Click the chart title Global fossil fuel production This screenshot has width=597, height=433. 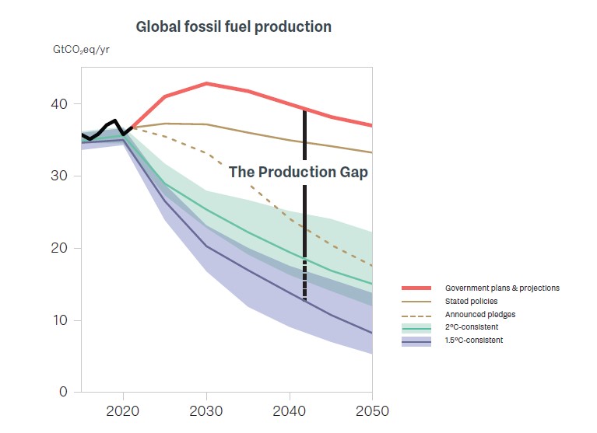point(234,27)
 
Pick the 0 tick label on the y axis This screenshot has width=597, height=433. point(65,393)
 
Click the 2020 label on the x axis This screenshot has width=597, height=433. point(123,410)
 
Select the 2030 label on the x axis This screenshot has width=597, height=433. point(206,410)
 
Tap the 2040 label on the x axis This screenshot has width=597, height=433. point(290,410)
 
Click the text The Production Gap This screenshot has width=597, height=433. point(298,173)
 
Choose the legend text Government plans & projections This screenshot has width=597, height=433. point(502,288)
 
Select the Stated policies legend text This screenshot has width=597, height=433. point(470,301)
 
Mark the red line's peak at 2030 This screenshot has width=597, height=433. point(206,83)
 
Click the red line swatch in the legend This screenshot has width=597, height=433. point(416,288)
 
